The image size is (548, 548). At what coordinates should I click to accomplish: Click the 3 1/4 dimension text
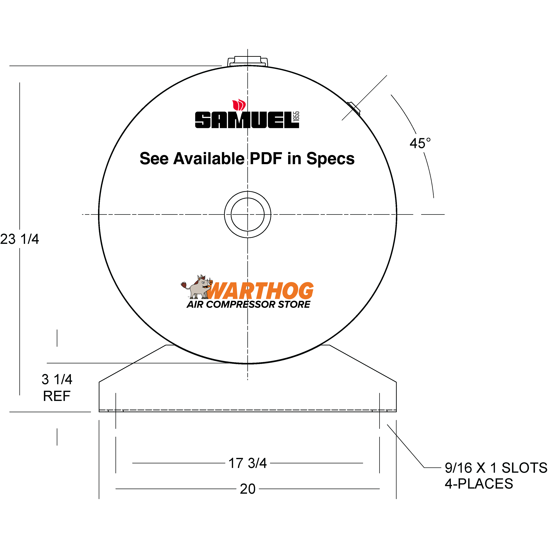pos(57,379)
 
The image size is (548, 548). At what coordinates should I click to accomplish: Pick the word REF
pos(57,396)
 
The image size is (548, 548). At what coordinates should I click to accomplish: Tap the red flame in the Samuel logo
pos(239,105)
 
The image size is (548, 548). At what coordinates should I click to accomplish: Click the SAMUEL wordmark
pos(243,120)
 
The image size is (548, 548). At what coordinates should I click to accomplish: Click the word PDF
pos(266,158)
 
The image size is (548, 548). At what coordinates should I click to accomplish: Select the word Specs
pos(330,158)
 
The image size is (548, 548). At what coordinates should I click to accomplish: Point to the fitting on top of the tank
pos(248,61)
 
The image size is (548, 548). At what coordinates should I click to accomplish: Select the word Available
pos(209,158)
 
